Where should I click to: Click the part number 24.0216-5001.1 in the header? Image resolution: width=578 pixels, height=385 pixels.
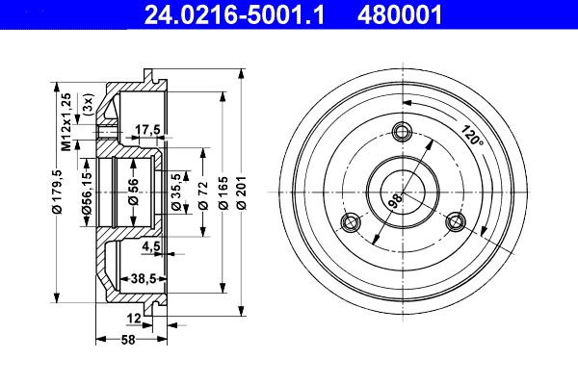pos(234,15)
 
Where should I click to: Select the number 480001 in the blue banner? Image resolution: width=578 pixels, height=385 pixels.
pos(400,15)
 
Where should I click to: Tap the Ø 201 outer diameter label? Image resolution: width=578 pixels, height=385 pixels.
pos(242,192)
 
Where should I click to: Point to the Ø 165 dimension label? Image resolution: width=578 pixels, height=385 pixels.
pos(223,192)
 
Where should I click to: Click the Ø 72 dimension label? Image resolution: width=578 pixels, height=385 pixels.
pos(203,195)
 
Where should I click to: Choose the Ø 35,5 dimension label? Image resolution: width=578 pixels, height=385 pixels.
pos(176,192)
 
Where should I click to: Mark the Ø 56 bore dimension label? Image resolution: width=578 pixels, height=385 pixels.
pos(133,192)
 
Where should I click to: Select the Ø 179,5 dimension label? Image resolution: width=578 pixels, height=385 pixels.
pos(58,192)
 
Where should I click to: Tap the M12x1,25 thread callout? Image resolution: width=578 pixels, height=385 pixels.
pos(66,122)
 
